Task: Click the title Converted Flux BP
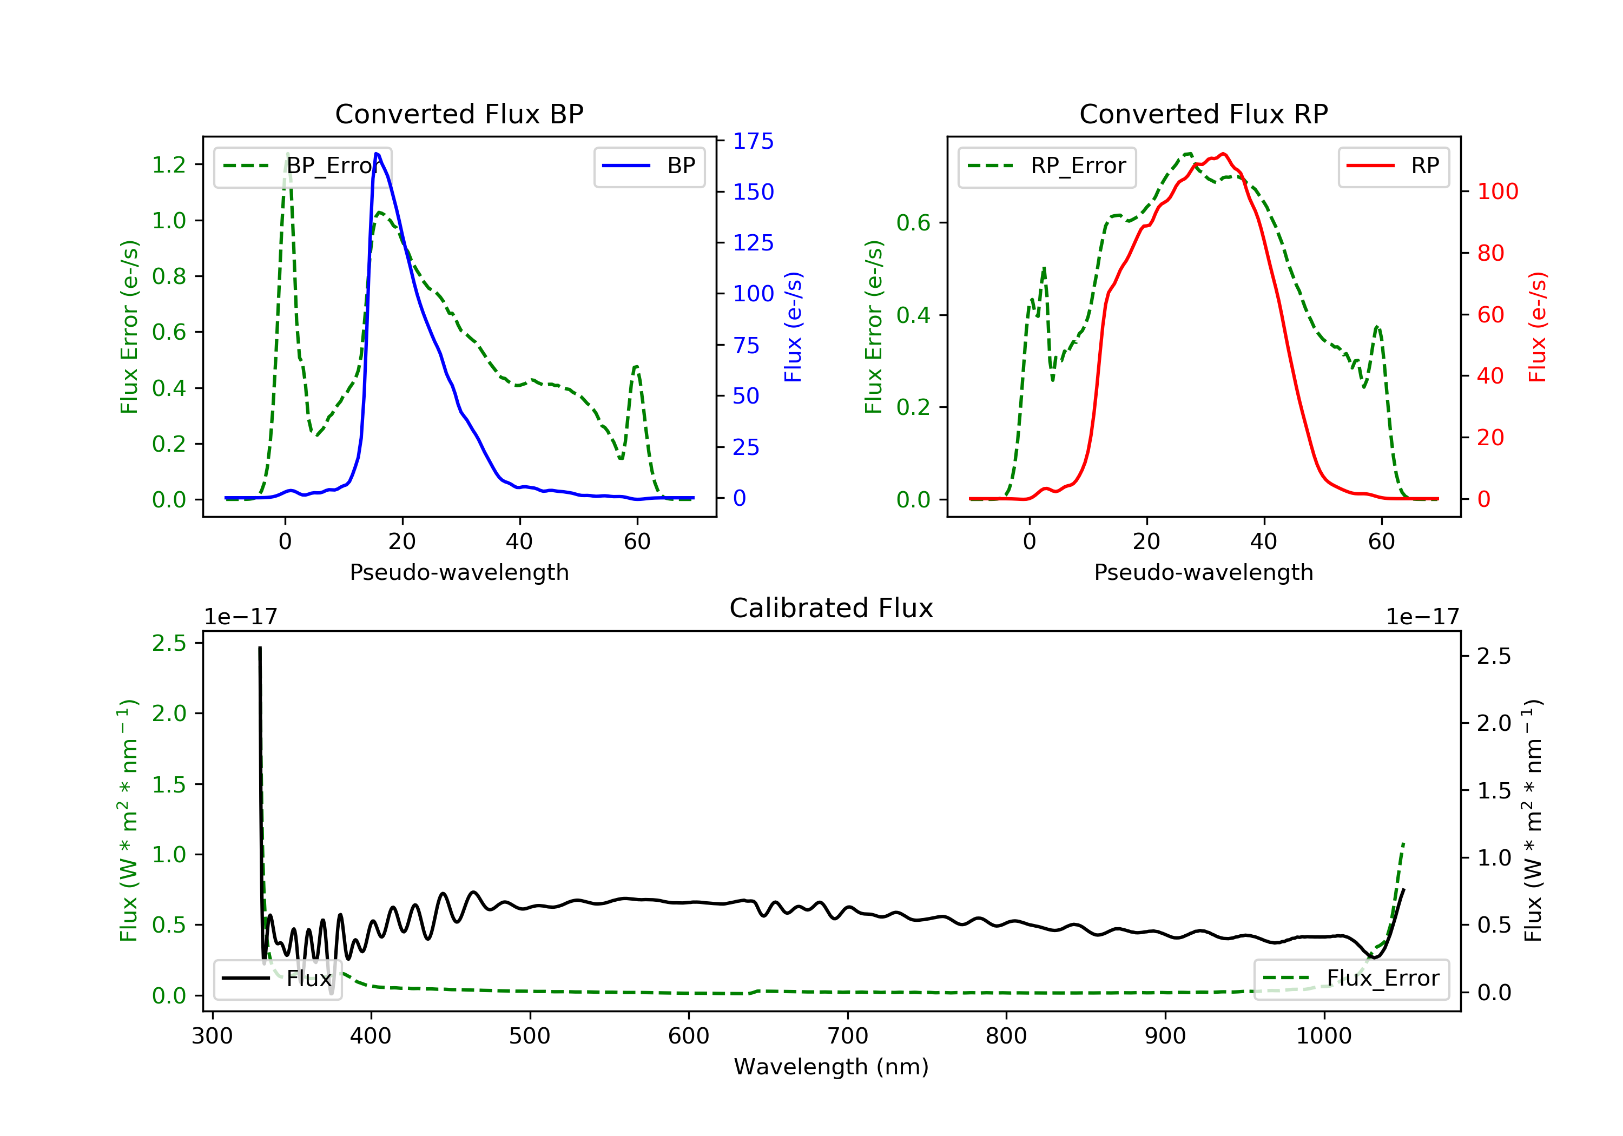tap(459, 114)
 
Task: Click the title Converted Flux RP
tap(1203, 114)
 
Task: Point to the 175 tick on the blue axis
tap(753, 141)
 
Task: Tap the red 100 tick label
tap(1497, 191)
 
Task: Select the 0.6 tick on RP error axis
tap(913, 223)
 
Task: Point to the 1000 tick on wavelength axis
tap(1323, 1036)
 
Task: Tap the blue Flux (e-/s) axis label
tap(793, 327)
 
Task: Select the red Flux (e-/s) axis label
tap(1538, 327)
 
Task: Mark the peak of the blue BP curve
tap(377, 154)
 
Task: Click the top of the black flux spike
tap(260, 648)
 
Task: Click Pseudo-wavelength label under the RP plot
tap(1203, 572)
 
